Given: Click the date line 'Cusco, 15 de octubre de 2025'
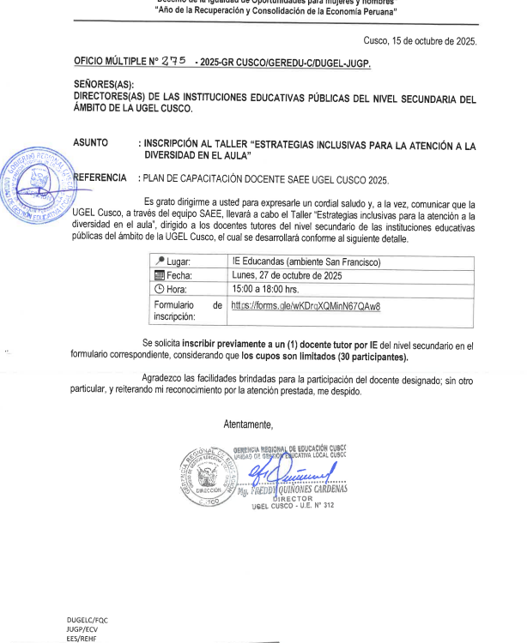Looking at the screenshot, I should [421, 40].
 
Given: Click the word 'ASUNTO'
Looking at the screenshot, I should [91, 147].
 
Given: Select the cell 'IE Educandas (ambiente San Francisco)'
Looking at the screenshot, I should [306, 261].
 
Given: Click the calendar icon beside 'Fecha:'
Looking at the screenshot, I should [158, 275].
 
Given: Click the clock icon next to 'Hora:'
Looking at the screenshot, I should [158, 289].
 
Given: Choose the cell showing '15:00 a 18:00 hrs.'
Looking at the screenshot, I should [270, 289].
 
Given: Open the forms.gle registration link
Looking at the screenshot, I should [306, 305].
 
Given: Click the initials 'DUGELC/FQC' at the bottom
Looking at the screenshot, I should [88, 619].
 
